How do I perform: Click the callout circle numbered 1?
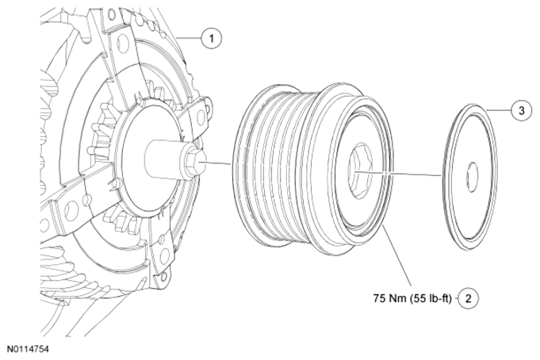point(212,36)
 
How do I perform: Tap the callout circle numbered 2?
point(469,299)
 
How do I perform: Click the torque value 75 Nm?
point(392,299)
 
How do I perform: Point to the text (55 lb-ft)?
point(434,299)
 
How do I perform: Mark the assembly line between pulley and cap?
point(404,172)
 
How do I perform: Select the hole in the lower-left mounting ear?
point(67,208)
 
